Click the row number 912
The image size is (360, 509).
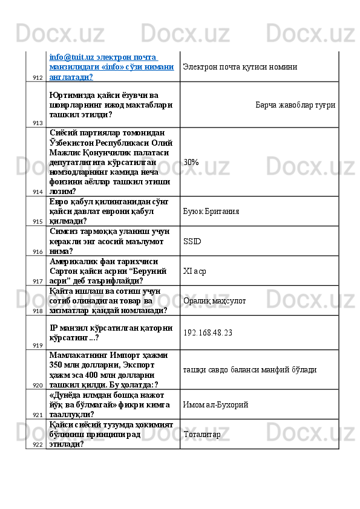coord(38,78)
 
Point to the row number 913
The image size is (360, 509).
coord(38,123)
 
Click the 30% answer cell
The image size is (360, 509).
coord(192,162)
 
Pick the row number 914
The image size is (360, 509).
coord(38,192)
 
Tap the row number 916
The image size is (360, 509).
coord(38,251)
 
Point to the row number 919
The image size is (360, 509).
coord(38,345)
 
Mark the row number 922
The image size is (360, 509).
coord(38,445)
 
